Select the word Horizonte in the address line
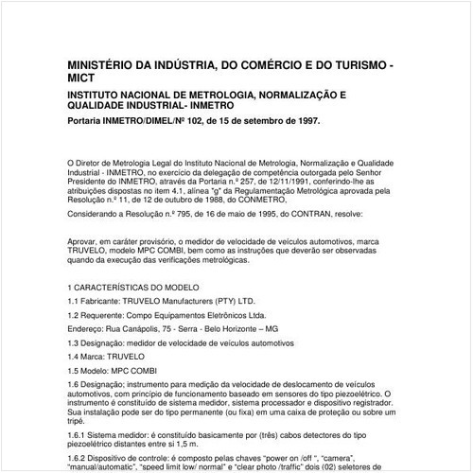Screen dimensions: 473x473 click(x=242, y=326)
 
